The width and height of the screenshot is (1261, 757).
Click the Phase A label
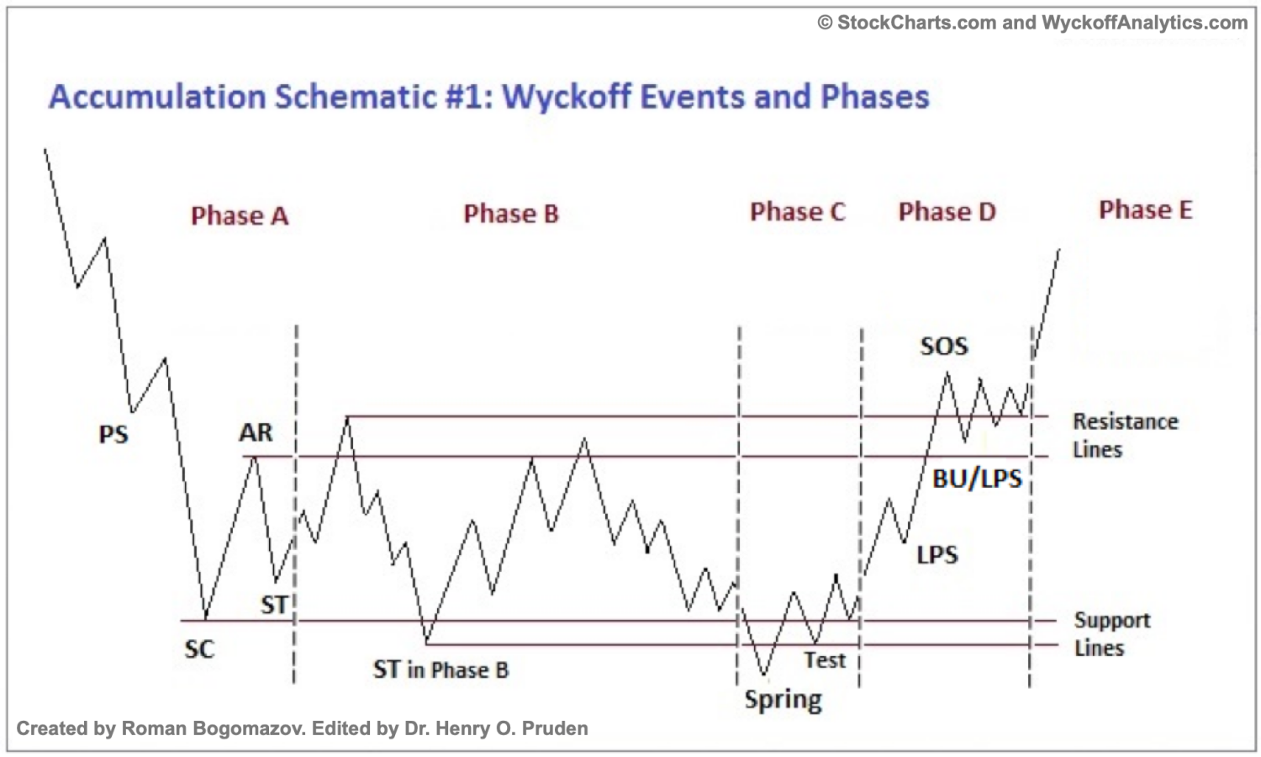240,216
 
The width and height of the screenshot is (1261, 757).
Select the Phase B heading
511,214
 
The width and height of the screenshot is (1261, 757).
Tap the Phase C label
797,212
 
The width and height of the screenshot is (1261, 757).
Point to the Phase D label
947,212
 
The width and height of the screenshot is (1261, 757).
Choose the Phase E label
1145,210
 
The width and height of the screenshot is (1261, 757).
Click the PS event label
113,435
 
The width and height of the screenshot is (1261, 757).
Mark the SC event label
199,649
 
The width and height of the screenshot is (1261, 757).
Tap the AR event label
256,432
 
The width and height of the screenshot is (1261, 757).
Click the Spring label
783,700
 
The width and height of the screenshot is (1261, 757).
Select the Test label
824,660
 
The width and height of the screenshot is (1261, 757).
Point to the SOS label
943,346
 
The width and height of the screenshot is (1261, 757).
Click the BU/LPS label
977,479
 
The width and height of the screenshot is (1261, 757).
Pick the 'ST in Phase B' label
441,670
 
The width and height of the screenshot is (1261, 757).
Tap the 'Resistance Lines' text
1124,435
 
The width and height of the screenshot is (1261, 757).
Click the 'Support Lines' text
1111,633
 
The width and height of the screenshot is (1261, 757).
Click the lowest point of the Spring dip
764,675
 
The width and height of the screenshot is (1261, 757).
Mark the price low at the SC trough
206,619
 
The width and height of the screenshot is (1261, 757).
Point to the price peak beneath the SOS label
947,373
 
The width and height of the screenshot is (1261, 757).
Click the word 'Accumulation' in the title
157,97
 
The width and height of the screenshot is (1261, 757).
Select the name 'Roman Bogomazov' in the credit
214,728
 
